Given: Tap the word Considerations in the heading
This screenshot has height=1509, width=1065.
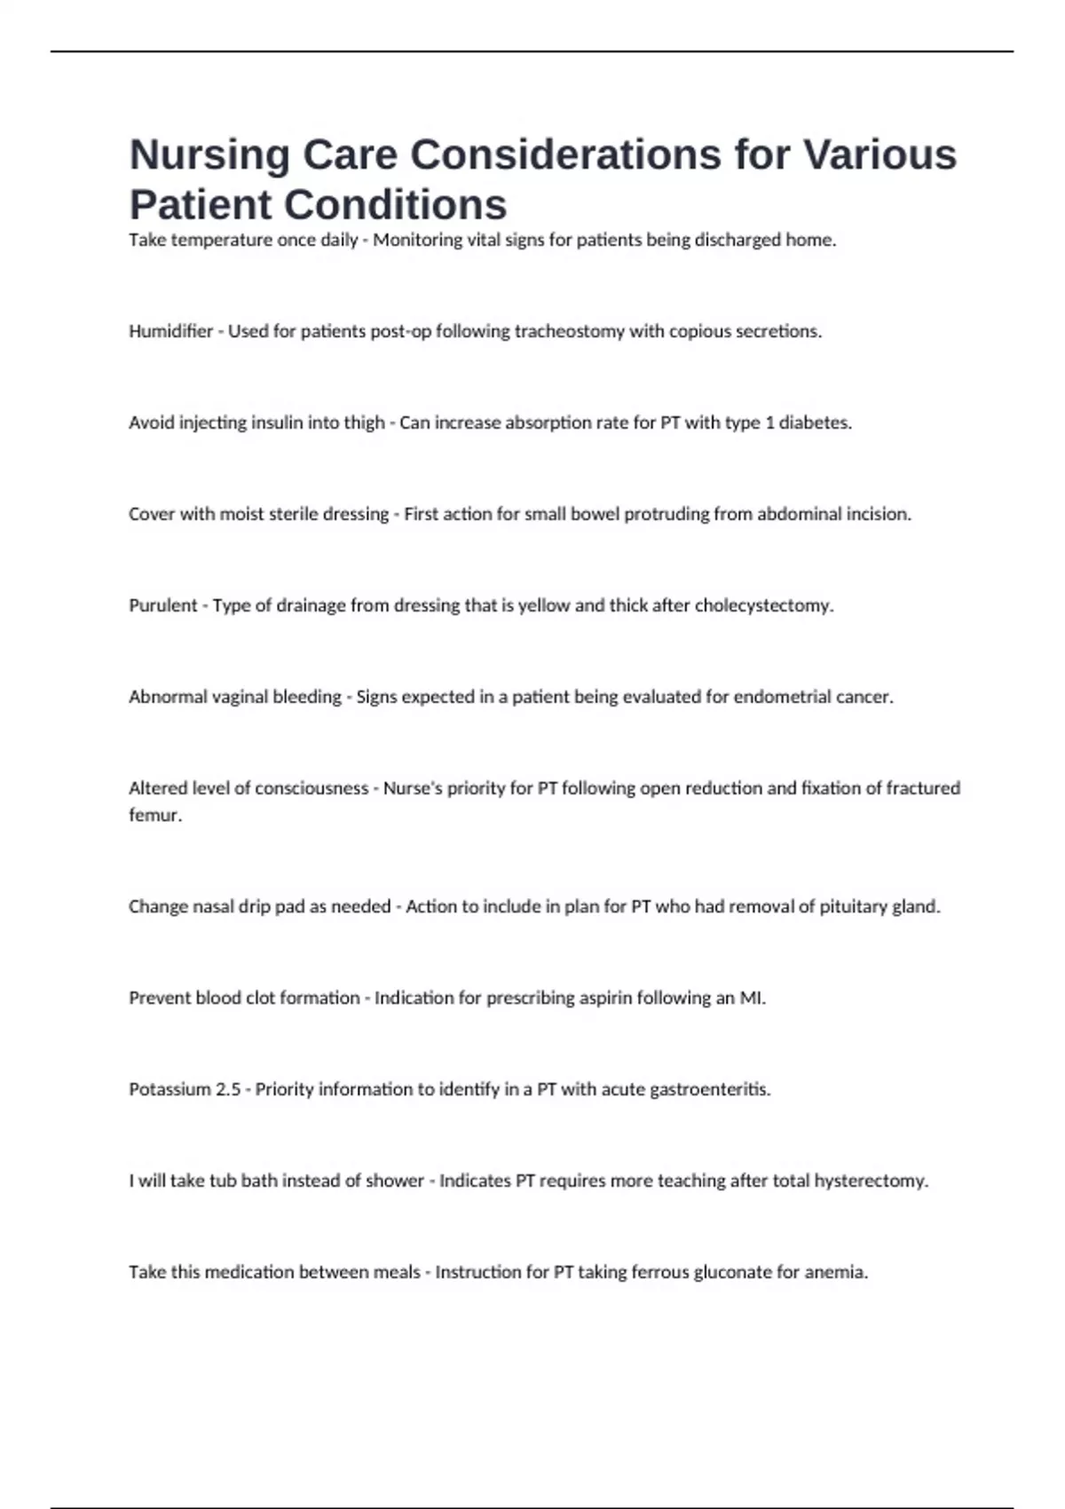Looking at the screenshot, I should (564, 155).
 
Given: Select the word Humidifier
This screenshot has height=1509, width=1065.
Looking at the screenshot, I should (171, 331).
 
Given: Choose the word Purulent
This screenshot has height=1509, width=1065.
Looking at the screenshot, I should (163, 605).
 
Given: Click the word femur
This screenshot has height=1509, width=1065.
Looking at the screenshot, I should (154, 815).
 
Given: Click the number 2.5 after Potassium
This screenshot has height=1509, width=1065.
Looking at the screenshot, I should (228, 1089).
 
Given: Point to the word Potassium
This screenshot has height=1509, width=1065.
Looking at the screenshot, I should (170, 1089).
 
